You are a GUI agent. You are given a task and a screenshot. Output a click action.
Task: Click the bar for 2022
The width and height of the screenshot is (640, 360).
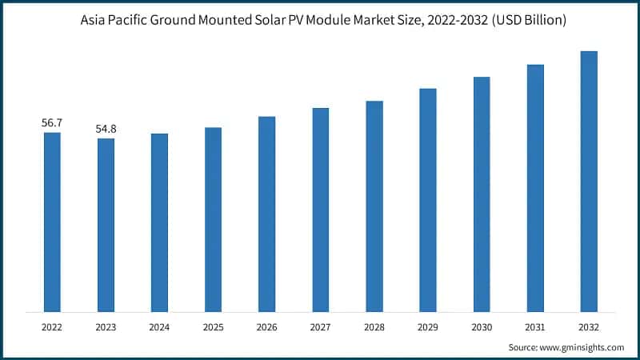click(52, 222)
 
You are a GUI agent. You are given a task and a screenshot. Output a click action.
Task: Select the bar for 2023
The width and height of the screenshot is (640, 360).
click(106, 225)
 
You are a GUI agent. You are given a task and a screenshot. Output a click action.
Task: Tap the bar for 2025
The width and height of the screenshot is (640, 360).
click(213, 219)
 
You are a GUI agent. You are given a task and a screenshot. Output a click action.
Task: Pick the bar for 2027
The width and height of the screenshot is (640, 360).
click(320, 210)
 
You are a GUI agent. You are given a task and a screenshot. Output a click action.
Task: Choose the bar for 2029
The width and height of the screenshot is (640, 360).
click(428, 200)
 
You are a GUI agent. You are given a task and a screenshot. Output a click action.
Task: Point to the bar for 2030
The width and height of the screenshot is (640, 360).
click(482, 194)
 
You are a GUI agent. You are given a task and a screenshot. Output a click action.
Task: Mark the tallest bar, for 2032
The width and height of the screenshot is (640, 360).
click(589, 182)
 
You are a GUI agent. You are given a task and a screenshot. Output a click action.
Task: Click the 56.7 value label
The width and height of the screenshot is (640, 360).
click(52, 122)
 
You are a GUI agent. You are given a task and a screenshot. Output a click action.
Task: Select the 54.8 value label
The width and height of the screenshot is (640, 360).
click(106, 129)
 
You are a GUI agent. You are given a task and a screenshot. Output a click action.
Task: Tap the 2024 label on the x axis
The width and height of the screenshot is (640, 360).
click(159, 327)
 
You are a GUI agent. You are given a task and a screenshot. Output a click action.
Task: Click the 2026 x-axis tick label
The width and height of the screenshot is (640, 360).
click(266, 327)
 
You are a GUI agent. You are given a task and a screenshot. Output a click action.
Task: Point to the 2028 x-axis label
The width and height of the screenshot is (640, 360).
click(374, 327)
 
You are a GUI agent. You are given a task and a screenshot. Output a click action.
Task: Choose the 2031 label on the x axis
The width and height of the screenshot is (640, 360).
click(535, 327)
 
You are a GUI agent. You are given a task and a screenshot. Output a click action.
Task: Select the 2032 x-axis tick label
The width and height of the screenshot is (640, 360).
click(589, 327)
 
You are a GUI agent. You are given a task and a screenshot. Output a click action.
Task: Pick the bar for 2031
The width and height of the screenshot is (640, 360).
click(535, 188)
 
